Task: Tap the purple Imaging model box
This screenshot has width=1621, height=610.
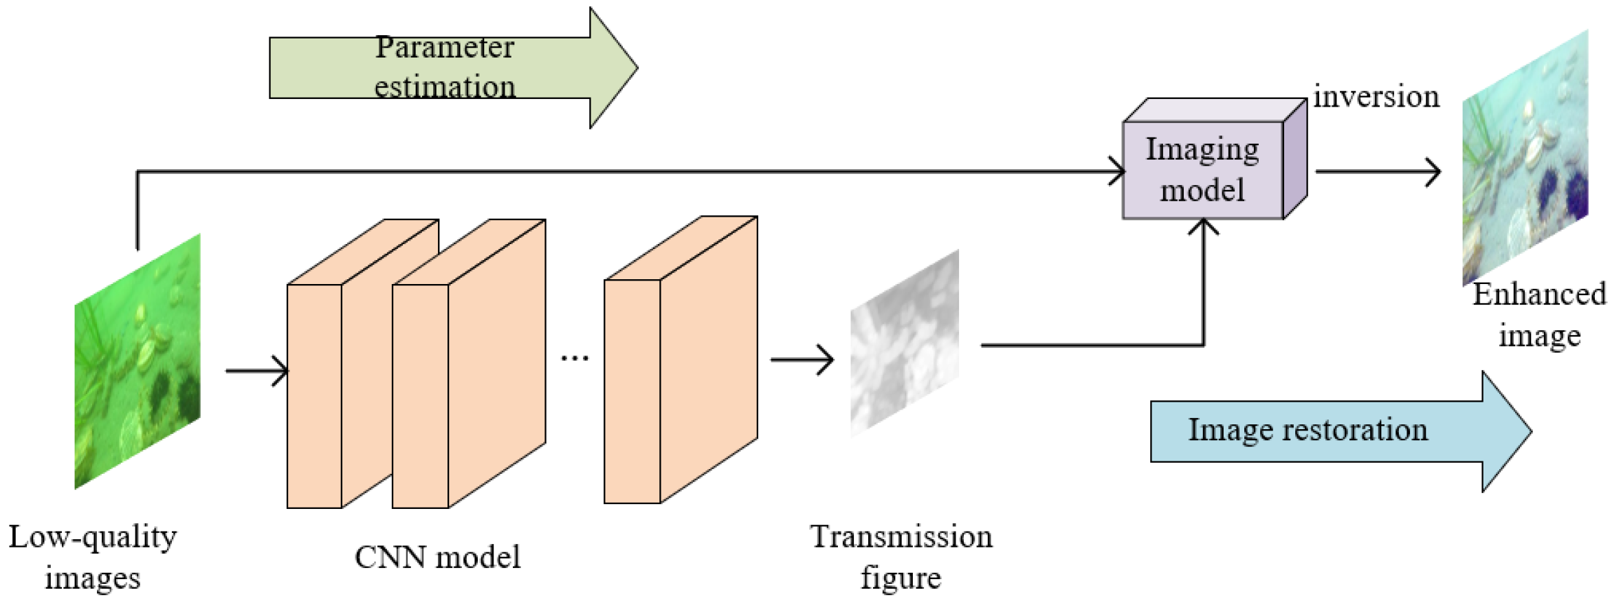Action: pos(1203,170)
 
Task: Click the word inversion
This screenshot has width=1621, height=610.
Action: pos(1376,96)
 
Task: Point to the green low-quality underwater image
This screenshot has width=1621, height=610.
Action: pos(137,361)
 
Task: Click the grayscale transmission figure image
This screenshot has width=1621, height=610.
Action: pos(905,342)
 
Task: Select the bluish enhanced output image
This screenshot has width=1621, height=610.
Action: pos(1525,158)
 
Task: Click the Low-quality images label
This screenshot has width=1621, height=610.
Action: pos(93,557)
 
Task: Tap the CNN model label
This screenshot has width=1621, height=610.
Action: pos(437,557)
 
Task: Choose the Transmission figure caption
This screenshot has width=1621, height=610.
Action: pos(901,557)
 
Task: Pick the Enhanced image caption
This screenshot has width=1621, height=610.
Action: pos(1539,314)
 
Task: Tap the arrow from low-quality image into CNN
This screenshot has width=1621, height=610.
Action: pos(256,371)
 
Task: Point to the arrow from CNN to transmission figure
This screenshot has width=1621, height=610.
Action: pos(802,359)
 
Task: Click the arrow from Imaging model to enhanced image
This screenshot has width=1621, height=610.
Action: pos(1378,171)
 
